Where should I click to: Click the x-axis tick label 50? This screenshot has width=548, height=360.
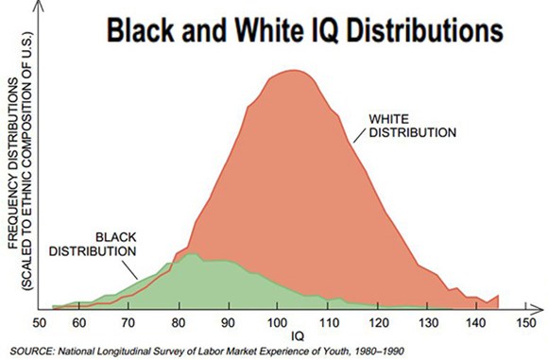(39, 322)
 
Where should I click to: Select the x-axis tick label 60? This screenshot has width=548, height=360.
(79, 322)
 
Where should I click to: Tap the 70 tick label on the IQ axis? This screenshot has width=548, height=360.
(128, 322)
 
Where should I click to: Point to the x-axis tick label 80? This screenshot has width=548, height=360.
(179, 322)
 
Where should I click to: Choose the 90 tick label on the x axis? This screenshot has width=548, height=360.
(228, 322)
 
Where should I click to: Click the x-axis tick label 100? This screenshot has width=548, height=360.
(277, 322)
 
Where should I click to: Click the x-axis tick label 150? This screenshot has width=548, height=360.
(525, 322)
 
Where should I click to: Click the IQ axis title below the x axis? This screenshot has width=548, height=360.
(298, 336)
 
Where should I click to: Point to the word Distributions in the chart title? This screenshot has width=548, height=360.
(425, 30)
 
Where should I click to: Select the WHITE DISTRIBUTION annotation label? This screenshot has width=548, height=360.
(412, 126)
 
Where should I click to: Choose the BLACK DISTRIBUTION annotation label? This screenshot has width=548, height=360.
(93, 245)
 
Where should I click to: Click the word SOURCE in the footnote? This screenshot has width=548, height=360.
(31, 351)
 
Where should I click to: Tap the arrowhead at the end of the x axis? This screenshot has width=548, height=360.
(539, 309)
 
